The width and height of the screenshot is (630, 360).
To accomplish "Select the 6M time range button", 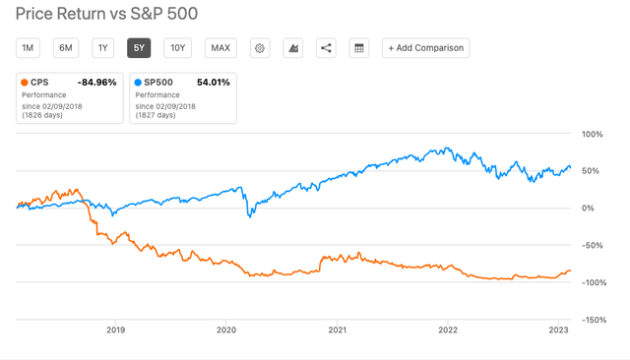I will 66,47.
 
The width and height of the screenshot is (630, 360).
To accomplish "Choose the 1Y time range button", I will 102,47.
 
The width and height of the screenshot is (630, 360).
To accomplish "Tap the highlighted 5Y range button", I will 139,47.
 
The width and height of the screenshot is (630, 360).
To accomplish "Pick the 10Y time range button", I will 177,47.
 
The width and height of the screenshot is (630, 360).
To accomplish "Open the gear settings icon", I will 260,47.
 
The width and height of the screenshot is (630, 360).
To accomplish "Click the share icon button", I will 326,47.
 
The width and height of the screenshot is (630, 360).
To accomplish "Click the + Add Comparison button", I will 425,47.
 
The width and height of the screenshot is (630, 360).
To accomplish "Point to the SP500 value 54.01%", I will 211,83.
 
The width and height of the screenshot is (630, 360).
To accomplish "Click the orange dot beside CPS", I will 26,83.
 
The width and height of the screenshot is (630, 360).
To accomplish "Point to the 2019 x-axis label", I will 115,330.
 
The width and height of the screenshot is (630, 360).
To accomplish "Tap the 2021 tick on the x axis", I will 337,330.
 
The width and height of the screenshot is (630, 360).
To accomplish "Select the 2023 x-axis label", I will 558,330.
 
